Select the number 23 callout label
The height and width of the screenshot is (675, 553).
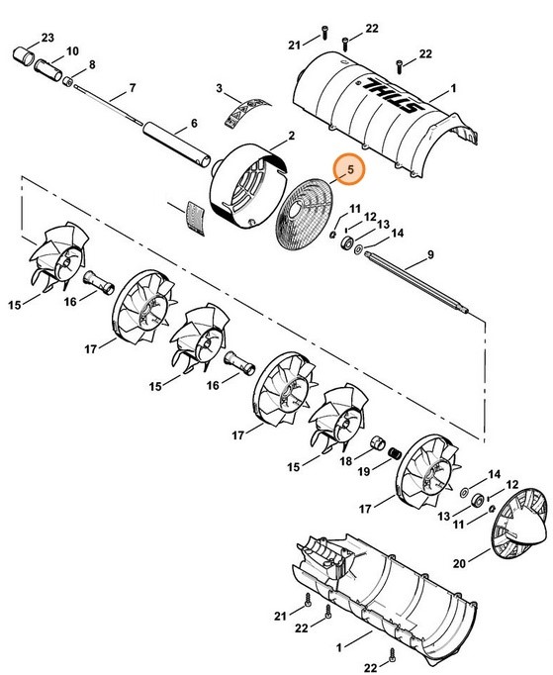click(47, 38)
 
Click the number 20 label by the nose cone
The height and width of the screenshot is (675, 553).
click(459, 563)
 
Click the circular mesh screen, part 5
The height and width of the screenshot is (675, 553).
click(306, 214)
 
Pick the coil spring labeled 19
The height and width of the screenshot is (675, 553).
click(395, 453)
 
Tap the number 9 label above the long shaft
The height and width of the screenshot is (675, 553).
click(430, 254)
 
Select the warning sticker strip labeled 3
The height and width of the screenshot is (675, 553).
click(248, 112)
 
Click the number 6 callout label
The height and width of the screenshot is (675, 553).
click(194, 124)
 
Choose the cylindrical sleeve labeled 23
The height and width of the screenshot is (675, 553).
click(24, 56)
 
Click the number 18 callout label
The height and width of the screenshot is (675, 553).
click(345, 461)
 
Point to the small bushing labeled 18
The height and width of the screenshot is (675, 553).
click(378, 442)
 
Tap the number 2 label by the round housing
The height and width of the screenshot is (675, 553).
click(292, 136)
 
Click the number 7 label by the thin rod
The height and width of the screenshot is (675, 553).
click(133, 88)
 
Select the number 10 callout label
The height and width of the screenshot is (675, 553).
click(72, 51)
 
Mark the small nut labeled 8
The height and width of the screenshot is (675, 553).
click(67, 81)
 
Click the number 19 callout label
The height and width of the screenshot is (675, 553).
click(364, 471)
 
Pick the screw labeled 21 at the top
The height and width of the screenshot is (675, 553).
click(324, 32)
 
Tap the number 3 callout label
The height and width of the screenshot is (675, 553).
click(219, 88)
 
